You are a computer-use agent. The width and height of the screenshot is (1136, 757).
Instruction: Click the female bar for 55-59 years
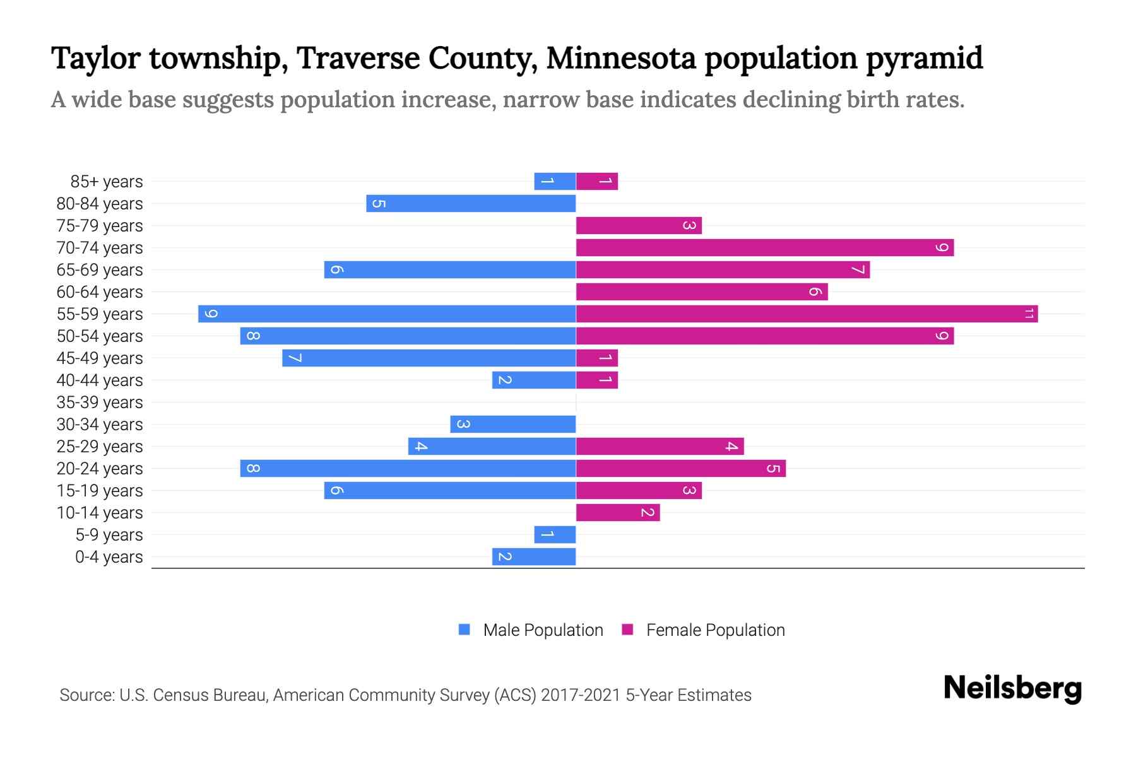(x=807, y=314)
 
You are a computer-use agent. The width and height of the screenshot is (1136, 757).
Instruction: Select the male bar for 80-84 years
(x=471, y=203)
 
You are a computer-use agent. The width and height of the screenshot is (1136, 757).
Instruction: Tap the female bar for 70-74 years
(x=764, y=247)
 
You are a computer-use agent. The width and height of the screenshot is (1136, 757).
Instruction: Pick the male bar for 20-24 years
(x=408, y=468)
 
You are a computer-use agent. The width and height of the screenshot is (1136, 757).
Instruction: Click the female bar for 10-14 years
(x=618, y=512)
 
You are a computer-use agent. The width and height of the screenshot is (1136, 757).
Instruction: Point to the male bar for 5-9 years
(x=555, y=534)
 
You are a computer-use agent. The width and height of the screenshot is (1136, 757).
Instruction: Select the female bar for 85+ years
(x=597, y=181)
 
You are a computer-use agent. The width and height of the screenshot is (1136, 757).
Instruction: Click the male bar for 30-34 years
(x=512, y=424)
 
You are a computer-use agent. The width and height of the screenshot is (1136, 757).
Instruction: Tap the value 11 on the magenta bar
(x=1029, y=314)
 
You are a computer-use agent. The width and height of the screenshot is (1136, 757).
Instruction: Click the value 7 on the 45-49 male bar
(x=294, y=358)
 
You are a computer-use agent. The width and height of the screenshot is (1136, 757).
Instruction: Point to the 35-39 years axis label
(x=100, y=402)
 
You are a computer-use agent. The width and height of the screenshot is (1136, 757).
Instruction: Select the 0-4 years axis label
(x=109, y=556)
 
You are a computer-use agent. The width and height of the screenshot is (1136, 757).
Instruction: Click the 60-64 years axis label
(x=100, y=291)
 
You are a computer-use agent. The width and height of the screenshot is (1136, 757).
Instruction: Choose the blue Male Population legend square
(x=464, y=630)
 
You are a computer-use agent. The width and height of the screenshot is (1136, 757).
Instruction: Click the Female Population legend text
(x=715, y=630)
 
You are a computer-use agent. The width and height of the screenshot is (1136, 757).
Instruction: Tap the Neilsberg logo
(x=1012, y=688)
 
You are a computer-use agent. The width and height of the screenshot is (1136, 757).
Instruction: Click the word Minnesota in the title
(x=621, y=58)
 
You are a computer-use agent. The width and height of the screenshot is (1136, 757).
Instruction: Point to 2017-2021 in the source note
(x=580, y=695)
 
